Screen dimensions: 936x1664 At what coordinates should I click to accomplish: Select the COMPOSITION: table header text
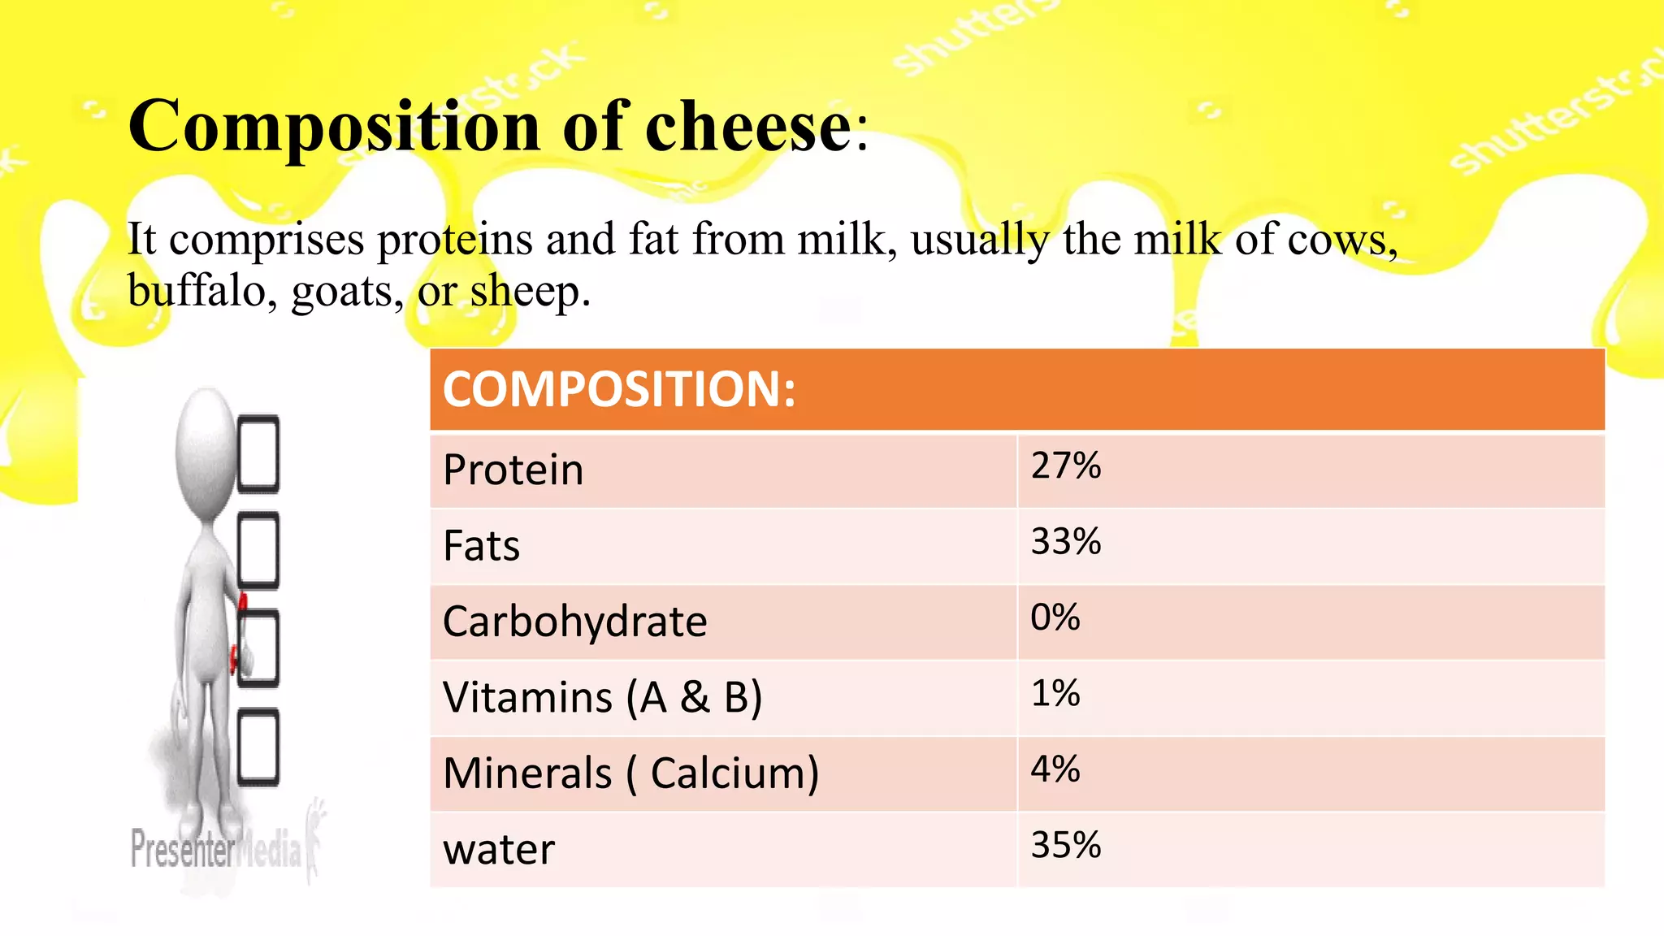pyautogui.click(x=619, y=389)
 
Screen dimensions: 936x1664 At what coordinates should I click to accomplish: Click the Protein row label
pyautogui.click(x=513, y=470)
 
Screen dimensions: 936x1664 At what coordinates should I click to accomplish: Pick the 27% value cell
pyautogui.click(x=1065, y=466)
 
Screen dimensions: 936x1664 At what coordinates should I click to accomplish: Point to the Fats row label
pyautogui.click(x=481, y=546)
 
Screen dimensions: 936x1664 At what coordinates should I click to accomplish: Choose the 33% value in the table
pyautogui.click(x=1065, y=542)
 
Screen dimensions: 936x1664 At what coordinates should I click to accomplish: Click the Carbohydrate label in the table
pyautogui.click(x=574, y=622)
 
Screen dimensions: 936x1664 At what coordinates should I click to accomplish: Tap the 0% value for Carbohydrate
pyautogui.click(x=1055, y=618)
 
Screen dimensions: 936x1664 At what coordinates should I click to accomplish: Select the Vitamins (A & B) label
pyautogui.click(x=602, y=698)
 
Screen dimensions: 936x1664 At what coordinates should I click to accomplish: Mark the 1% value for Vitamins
pyautogui.click(x=1055, y=694)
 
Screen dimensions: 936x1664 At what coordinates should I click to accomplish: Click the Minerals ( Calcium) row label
pyautogui.click(x=630, y=773)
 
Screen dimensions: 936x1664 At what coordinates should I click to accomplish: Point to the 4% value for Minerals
pyautogui.click(x=1055, y=769)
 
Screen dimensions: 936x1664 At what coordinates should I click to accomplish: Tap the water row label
pyautogui.click(x=498, y=850)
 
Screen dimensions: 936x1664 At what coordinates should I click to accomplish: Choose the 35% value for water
pyautogui.click(x=1065, y=846)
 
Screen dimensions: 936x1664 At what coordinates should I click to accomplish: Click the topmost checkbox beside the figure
pyautogui.click(x=258, y=454)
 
